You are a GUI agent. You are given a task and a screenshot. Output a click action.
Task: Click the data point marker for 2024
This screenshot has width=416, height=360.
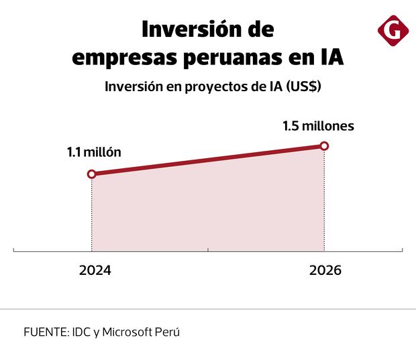tap(92, 174)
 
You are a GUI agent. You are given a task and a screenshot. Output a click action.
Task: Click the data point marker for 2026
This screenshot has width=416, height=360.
tap(324, 145)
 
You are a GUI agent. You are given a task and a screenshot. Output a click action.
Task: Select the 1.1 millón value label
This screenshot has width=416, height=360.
tap(93, 152)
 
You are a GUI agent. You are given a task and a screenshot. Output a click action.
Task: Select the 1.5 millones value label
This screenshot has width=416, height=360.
tap(318, 125)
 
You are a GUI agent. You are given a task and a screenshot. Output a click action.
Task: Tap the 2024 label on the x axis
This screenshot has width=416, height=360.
tap(95, 272)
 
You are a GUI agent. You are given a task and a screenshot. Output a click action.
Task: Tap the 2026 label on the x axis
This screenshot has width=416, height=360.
tap(325, 272)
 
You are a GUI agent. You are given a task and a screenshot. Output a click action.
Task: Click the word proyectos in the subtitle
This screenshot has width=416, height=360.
tap(201, 88)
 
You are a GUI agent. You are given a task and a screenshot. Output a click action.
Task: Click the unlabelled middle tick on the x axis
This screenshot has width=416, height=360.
tap(208, 252)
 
